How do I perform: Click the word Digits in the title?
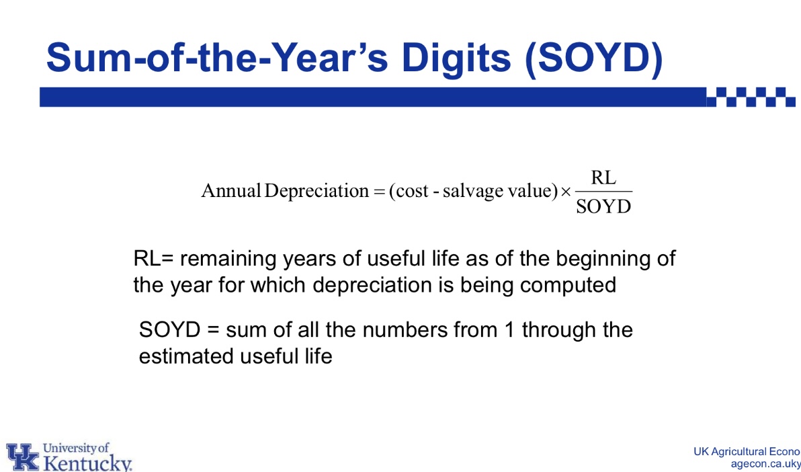coord(456,58)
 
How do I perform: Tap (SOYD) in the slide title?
coord(593,58)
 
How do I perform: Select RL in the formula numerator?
coord(603,178)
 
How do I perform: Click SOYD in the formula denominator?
coord(604,206)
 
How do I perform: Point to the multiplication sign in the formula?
coord(566,192)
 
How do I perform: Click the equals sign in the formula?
coord(378,192)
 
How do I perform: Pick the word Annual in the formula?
coord(231,191)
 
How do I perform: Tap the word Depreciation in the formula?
coord(317,192)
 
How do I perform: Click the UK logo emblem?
coord(22,457)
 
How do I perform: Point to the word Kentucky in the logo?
coord(86,463)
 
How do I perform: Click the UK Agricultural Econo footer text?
coord(747,452)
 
